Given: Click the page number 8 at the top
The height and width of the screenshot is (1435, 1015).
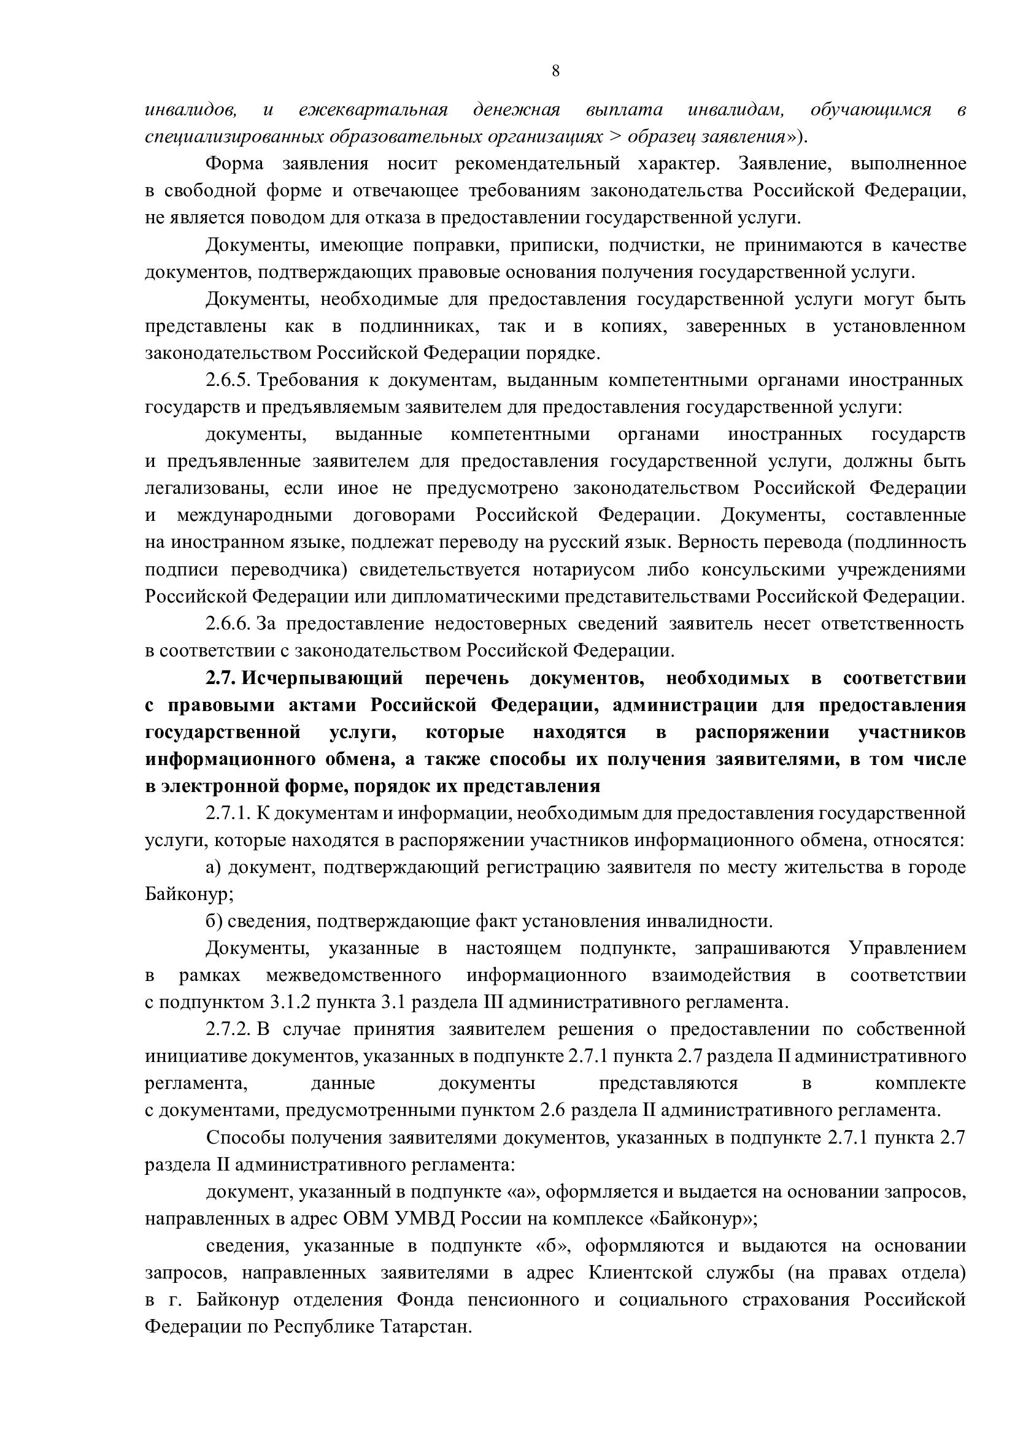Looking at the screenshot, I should pyautogui.click(x=555, y=71).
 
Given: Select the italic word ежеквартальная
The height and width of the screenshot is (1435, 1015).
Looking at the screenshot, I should pyautogui.click(x=374, y=110).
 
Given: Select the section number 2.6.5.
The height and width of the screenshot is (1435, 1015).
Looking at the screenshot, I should pyautogui.click(x=228, y=380).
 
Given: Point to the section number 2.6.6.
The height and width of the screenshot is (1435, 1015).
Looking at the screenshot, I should pyautogui.click(x=228, y=624).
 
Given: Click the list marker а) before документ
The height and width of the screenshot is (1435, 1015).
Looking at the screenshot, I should pyautogui.click(x=214, y=868).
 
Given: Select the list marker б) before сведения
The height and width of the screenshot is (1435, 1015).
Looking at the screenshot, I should pyautogui.click(x=214, y=921).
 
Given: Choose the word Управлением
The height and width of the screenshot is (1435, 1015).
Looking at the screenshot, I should pyautogui.click(x=907, y=948).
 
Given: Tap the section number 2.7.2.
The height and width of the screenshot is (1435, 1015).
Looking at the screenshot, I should pyautogui.click(x=228, y=1029).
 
